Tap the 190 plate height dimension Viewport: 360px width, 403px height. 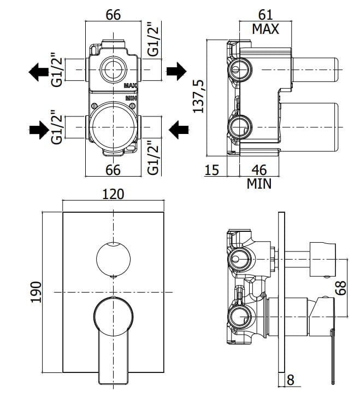[36, 294]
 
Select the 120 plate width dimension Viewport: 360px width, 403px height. [113, 194]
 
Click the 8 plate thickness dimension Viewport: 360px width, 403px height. [291, 379]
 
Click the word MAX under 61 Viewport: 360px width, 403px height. [265, 29]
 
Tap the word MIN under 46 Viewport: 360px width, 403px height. [259, 184]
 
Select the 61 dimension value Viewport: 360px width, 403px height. [265, 15]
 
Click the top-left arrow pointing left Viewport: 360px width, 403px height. [38, 71]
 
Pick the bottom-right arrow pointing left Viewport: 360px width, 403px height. [179, 129]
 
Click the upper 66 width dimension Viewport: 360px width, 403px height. [113, 15]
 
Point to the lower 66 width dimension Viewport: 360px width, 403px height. [113, 170]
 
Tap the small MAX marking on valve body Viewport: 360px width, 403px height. [130, 86]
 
